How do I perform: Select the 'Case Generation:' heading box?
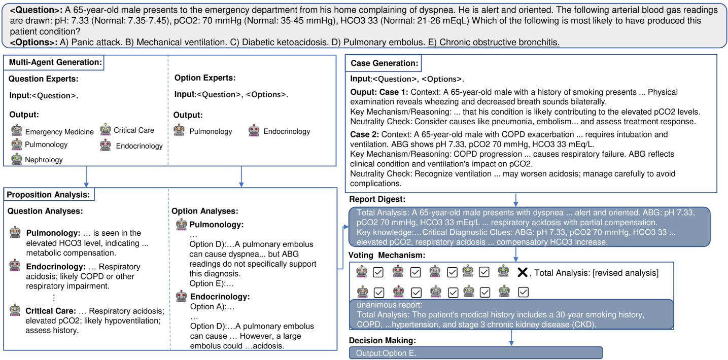(384, 63)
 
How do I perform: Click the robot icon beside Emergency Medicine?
(17, 131)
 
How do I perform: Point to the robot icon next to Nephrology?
(17, 159)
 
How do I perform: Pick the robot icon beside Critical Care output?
(106, 130)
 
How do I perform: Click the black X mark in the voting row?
(522, 272)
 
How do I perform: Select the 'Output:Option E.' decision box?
(475, 353)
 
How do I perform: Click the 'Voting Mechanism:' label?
(387, 255)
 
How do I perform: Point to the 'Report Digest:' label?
(377, 199)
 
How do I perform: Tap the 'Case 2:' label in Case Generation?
(364, 134)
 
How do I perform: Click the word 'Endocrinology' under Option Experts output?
(287, 131)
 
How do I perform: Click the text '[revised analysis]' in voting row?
(625, 273)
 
